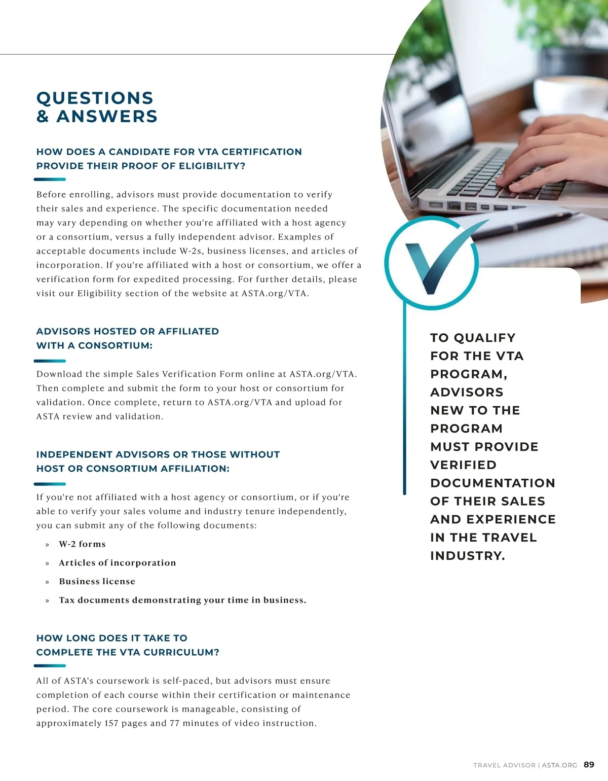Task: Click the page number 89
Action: point(589,765)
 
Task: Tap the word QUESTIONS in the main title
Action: point(95,98)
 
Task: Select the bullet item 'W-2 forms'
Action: point(82,544)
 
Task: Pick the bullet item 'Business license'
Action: point(97,581)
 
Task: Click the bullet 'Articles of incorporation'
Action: point(117,563)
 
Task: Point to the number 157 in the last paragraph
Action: point(111,723)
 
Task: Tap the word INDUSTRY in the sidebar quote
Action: point(467,556)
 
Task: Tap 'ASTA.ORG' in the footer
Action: point(559,765)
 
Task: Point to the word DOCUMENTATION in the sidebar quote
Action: point(492,483)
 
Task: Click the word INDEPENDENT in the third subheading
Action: point(74,454)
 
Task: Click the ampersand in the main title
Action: point(43,116)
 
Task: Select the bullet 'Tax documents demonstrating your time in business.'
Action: point(182,600)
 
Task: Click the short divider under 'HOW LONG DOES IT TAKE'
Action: point(50,666)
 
